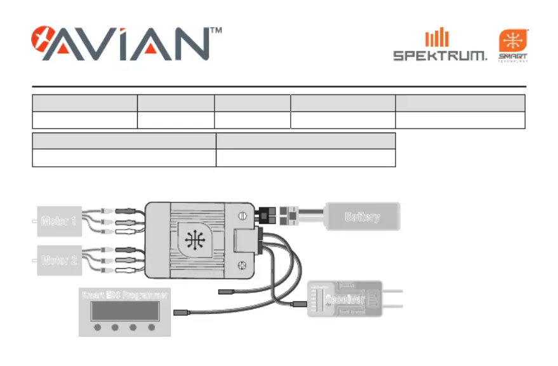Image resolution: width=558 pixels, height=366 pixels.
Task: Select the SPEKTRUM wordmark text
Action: pyautogui.click(x=440, y=56)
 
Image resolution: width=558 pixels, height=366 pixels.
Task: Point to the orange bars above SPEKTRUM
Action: pyautogui.click(x=437, y=38)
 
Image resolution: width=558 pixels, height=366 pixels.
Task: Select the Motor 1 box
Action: pyautogui.click(x=59, y=221)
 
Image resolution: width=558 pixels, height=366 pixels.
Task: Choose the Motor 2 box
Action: pyautogui.click(x=59, y=260)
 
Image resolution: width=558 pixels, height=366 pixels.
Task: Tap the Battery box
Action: pyautogui.click(x=362, y=217)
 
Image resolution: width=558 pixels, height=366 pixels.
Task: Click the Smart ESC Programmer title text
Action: pyautogui.click(x=125, y=295)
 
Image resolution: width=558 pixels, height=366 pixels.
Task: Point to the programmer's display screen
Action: pyautogui.click(x=125, y=311)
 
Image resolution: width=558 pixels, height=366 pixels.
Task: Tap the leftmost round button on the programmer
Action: pyautogui.click(x=97, y=328)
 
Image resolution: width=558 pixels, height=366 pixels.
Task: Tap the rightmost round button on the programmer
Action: pyautogui.click(x=151, y=328)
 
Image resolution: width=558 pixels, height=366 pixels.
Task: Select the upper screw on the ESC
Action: pyautogui.click(x=241, y=216)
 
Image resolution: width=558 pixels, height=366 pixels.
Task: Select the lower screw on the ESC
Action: pyautogui.click(x=241, y=264)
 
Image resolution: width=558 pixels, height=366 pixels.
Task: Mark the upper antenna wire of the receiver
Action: pyautogui.click(x=394, y=291)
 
